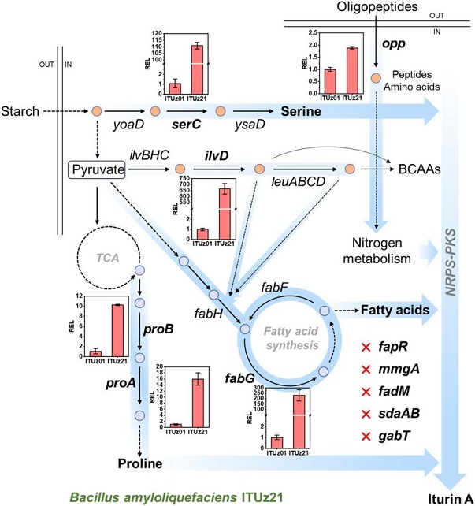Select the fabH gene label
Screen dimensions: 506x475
pos(209,313)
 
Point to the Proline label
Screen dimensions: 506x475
pos(141,463)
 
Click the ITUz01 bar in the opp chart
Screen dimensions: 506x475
pos(331,81)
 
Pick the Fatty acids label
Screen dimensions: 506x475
pos(395,311)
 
